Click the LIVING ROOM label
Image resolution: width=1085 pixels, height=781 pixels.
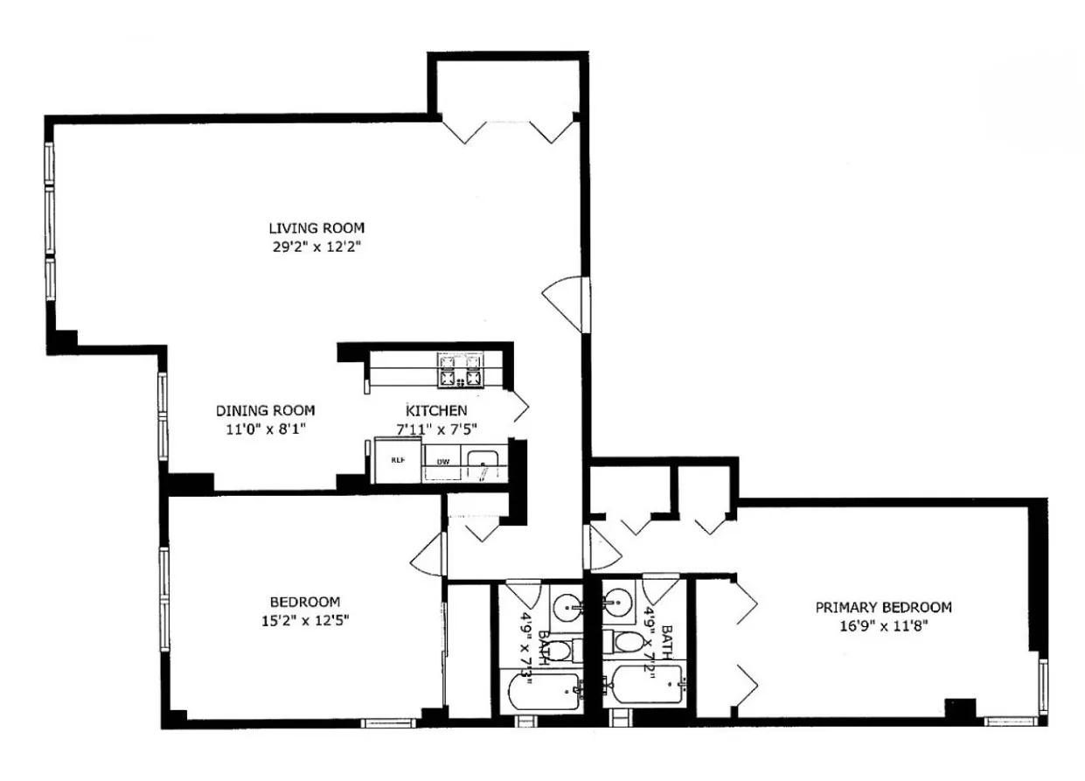(316, 228)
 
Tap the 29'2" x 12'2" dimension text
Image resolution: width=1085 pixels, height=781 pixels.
(316, 248)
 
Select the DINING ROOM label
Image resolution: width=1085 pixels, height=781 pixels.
(265, 410)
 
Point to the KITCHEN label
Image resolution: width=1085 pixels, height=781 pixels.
(436, 410)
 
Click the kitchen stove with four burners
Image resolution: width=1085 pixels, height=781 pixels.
(461, 370)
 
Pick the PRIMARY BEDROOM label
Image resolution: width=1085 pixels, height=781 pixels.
(883, 607)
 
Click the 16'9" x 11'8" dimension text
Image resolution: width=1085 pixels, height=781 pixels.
(883, 626)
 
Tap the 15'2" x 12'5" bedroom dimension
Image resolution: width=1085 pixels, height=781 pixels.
(304, 621)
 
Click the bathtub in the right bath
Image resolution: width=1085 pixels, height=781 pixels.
(647, 687)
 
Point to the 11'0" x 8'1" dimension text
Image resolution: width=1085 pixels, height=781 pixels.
(265, 429)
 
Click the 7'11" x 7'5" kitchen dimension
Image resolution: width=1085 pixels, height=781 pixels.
(436, 429)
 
